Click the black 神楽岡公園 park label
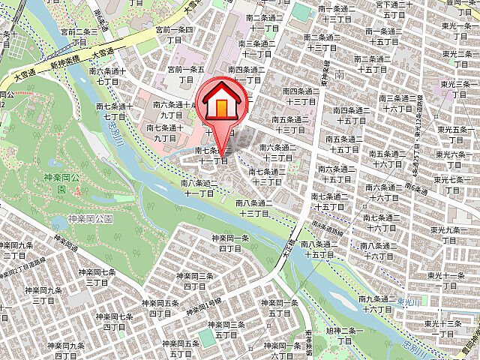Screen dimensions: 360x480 90,219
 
